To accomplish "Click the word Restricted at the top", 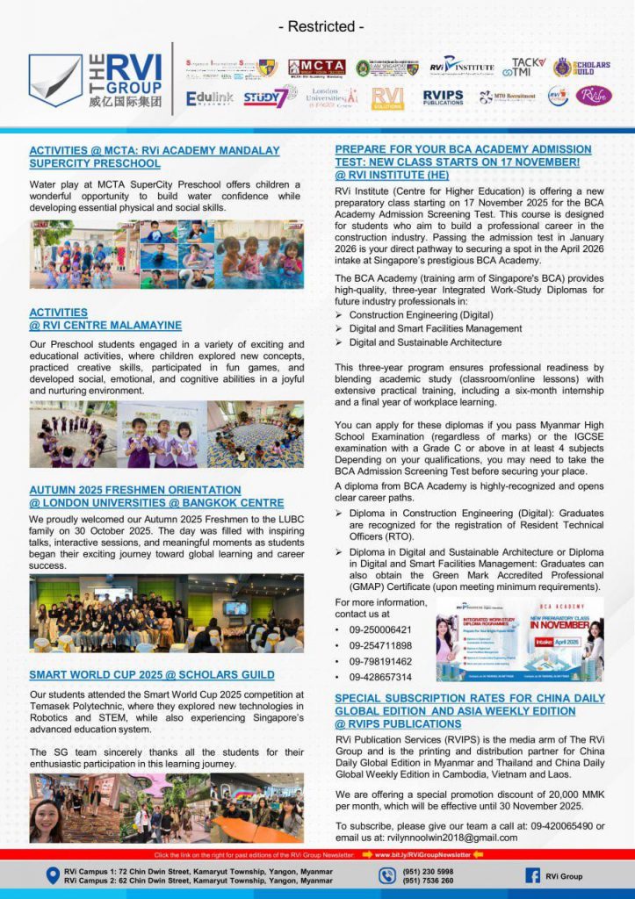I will pos(321,26).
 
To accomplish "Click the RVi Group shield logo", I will pos(55,80).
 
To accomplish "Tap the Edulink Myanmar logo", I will pos(210,98).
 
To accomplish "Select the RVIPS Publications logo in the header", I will pos(444,97).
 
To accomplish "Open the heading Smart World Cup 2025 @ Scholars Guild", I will pos(152,675).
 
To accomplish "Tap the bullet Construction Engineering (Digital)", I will pos(421,314).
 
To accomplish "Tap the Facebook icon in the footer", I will pos(532,875).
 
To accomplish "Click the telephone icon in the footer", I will pos(387,875).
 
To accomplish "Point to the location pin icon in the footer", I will pos(54,875).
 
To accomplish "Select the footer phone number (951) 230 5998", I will pos(429,871).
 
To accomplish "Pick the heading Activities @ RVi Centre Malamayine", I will pos(105,319).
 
